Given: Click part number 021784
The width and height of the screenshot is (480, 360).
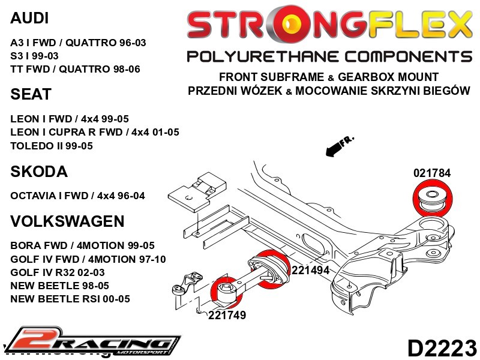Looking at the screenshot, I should tap(431, 173).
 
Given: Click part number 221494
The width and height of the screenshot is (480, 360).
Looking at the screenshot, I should tap(310, 270).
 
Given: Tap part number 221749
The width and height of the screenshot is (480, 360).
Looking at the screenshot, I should tap(227, 315).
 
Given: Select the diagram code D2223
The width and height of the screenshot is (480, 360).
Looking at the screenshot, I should tap(442, 347).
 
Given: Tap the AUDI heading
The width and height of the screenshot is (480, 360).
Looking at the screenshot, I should tap(30, 19).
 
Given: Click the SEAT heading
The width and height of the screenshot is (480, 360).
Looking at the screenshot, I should tap(31, 95).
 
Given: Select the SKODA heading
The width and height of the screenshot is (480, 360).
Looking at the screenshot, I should tap(38, 172).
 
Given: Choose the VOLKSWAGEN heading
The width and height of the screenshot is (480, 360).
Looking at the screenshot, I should tap(67, 221).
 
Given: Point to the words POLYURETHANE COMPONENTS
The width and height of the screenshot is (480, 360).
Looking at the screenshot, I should tap(329, 56).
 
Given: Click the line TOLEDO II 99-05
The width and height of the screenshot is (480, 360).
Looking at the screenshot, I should tap(50, 145).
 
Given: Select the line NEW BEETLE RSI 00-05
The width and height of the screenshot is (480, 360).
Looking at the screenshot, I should tap(70, 298).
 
